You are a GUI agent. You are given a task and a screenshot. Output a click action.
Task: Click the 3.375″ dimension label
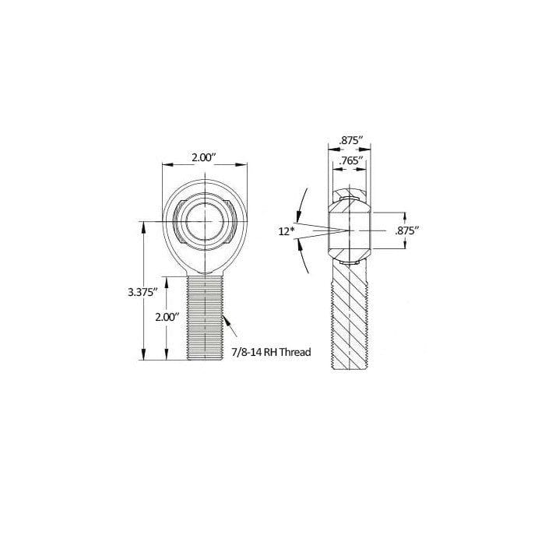pos(141,292)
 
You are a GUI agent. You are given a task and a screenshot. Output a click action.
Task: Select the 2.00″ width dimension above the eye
pos(204,158)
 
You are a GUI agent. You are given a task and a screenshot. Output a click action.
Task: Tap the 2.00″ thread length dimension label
pos(167,317)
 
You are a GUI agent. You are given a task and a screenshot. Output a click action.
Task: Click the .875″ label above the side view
pos(351,141)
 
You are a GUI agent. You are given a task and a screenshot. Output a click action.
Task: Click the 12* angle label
pos(287,231)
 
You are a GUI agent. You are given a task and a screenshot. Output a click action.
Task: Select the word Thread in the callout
pos(295,352)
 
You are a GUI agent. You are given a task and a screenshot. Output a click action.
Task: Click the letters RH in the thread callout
pos(270,352)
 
